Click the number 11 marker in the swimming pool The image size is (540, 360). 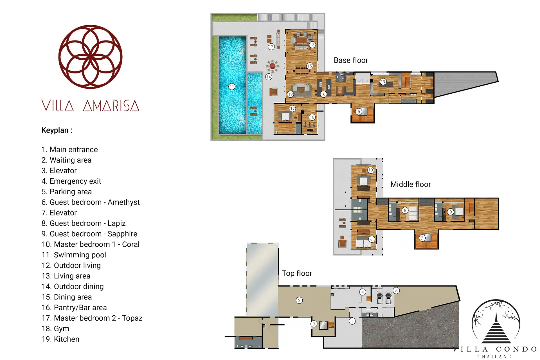click(x=231, y=87)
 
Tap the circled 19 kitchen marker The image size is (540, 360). click(x=383, y=82)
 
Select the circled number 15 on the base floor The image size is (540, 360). click(x=309, y=66)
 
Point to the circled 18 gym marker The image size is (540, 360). click(x=312, y=117)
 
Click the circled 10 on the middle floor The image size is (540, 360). click(x=370, y=170)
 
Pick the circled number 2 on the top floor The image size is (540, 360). click(x=299, y=300)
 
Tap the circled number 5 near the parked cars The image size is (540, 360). click(x=396, y=291)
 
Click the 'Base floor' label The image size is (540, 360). click(x=351, y=60)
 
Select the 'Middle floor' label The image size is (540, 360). click(x=410, y=184)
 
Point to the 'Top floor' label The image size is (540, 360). click(x=297, y=273)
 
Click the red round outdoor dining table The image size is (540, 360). click(x=272, y=66)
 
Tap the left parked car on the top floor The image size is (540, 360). click(x=380, y=298)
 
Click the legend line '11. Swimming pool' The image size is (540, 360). click(x=74, y=255)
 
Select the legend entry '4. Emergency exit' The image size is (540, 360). click(x=71, y=181)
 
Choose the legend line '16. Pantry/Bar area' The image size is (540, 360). click(x=74, y=307)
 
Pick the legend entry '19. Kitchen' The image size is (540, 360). click(x=60, y=339)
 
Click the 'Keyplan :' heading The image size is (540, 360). click(x=57, y=130)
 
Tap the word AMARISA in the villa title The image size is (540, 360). click(x=111, y=106)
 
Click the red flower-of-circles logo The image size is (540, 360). click(x=90, y=57)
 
